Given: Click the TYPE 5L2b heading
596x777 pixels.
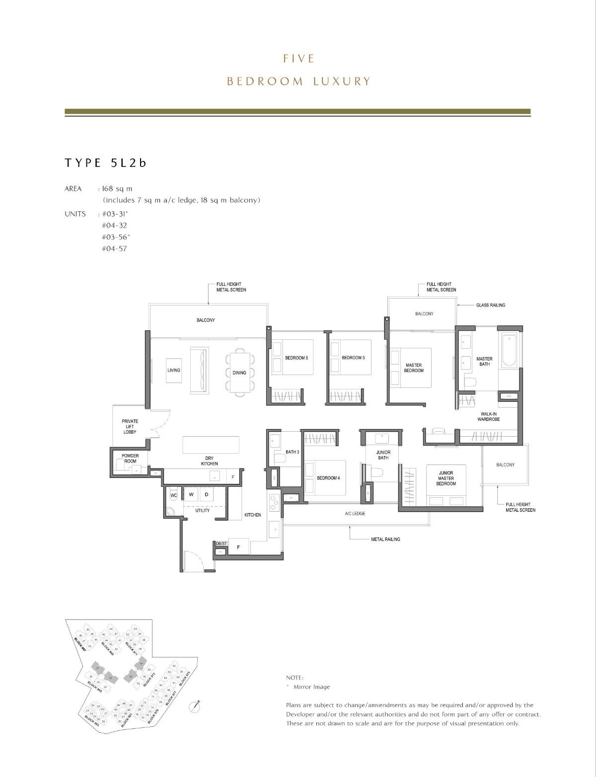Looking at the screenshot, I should (x=105, y=163).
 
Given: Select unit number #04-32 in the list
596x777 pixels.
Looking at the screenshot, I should (x=114, y=225).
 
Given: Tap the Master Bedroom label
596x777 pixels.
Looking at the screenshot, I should (x=413, y=368).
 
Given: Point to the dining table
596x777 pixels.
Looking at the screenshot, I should (x=239, y=372).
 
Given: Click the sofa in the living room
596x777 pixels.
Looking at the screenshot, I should (x=200, y=370).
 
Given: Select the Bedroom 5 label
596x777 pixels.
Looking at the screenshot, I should (x=297, y=358).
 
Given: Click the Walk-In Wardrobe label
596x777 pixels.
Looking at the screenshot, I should (x=490, y=416).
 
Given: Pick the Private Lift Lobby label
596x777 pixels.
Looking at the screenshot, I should (x=130, y=426).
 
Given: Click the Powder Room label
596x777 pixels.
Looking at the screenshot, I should (x=130, y=458).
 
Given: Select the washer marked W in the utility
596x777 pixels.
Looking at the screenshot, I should (x=191, y=494).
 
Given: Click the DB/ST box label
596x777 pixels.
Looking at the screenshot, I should (x=221, y=544).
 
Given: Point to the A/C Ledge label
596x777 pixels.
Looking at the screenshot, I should (x=355, y=513).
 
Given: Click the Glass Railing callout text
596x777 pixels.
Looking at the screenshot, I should (x=490, y=305).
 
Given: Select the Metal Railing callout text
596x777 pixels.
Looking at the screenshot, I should (x=385, y=539).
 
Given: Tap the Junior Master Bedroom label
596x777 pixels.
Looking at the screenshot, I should (x=446, y=478).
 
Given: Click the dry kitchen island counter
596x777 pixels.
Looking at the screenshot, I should (x=211, y=445).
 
